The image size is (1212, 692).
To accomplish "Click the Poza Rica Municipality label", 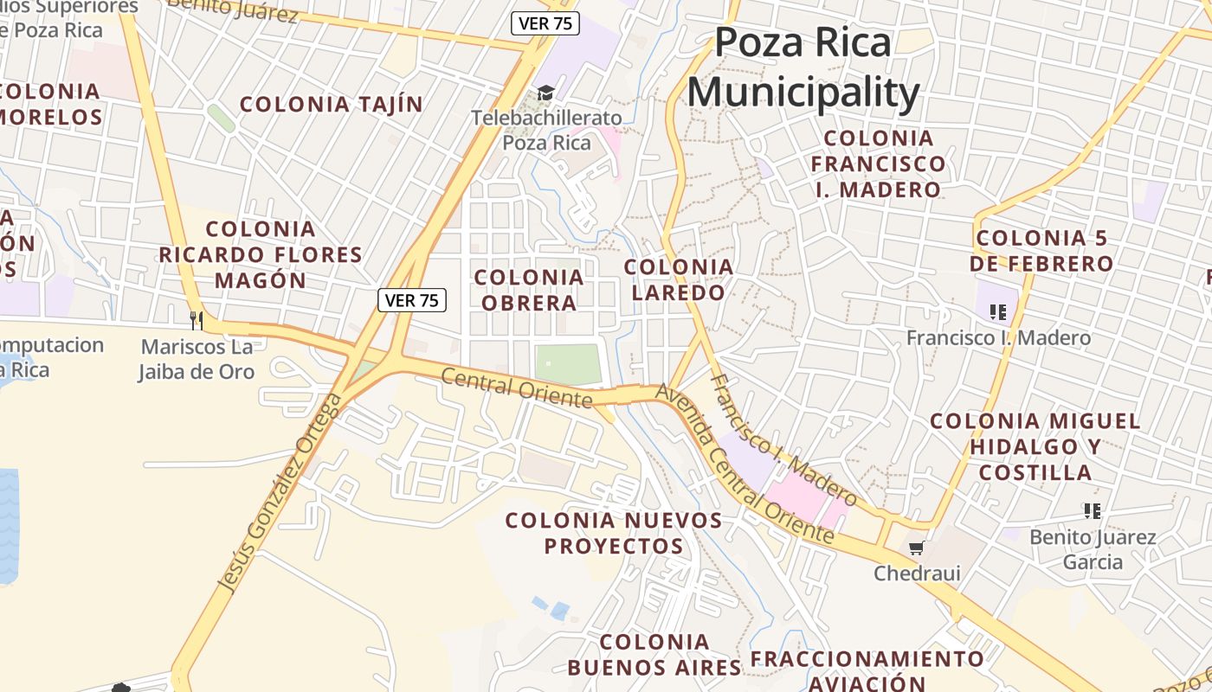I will pyautogui.click(x=803, y=67).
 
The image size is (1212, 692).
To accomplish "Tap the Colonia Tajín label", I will pyautogui.click(x=332, y=105).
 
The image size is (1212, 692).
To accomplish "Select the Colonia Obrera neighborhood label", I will pyautogui.click(x=529, y=290).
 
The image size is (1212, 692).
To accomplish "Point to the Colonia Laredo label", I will pyautogui.click(x=679, y=279).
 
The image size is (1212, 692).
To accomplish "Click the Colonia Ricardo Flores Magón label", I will pyautogui.click(x=261, y=254).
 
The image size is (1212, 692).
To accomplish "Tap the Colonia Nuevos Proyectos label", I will pyautogui.click(x=613, y=533).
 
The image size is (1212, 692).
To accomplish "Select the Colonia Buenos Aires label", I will pyautogui.click(x=654, y=655).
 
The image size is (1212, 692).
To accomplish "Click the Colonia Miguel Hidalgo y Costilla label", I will pyautogui.click(x=1035, y=446).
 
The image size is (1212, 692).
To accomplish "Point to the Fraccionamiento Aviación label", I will pyautogui.click(x=867, y=670).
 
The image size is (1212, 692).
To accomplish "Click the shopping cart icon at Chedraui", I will pyautogui.click(x=916, y=548).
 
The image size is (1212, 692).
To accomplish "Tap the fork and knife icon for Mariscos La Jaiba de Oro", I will pyautogui.click(x=197, y=320).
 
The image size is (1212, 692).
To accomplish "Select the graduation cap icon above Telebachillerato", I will pyautogui.click(x=545, y=93).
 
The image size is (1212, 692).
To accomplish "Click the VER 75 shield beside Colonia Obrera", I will pyautogui.click(x=412, y=300).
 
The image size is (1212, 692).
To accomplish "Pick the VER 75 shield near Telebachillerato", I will pyautogui.click(x=545, y=23).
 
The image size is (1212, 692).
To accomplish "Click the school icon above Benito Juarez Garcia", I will pyautogui.click(x=1093, y=511).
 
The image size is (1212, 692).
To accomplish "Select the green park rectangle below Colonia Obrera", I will pyautogui.click(x=568, y=364).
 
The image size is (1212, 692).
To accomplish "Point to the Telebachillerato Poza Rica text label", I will pyautogui.click(x=546, y=130).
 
